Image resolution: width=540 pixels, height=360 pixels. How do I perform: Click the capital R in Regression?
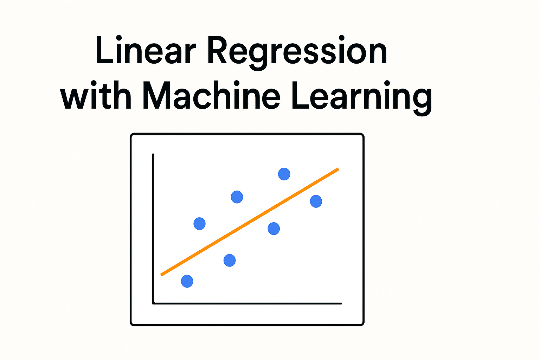coord(217,50)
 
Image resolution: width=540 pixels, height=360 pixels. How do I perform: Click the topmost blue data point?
coord(284,174)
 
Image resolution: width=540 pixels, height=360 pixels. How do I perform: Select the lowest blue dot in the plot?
coord(187,281)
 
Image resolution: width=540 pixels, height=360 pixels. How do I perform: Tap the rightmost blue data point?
coord(316,201)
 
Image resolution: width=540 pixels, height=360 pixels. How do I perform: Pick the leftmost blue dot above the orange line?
coord(199,224)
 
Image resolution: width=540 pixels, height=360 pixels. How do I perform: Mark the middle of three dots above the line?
coord(237,197)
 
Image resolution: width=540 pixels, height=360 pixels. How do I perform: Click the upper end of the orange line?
coord(338,169)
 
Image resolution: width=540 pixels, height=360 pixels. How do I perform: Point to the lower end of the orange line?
coord(161,275)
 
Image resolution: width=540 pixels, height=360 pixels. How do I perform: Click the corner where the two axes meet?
coord(153,304)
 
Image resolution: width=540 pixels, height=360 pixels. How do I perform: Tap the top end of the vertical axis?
coord(153,154)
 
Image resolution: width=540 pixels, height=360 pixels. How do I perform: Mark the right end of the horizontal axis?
coord(341,304)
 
